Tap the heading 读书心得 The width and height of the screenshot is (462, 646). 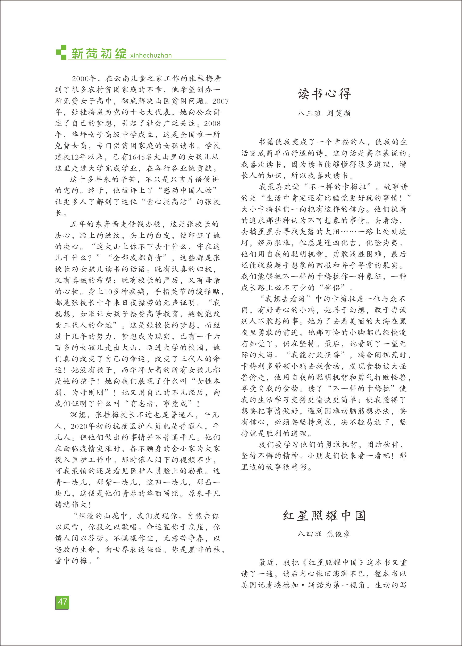pyautogui.click(x=324, y=94)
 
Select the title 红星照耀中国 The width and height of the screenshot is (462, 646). pyautogui.click(x=324, y=515)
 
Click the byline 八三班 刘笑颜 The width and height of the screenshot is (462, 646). pyautogui.click(x=324, y=113)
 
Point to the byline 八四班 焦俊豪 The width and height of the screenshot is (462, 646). pyautogui.click(x=324, y=534)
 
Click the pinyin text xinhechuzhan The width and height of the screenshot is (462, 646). pyautogui.click(x=151, y=55)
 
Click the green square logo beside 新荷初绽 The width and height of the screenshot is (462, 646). pyautogui.click(x=61, y=52)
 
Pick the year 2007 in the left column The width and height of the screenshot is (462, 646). pyautogui.click(x=220, y=101)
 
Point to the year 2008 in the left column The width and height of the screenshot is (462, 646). pyautogui.click(x=212, y=123)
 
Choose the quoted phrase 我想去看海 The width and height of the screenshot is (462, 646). pyautogui.click(x=285, y=299)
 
